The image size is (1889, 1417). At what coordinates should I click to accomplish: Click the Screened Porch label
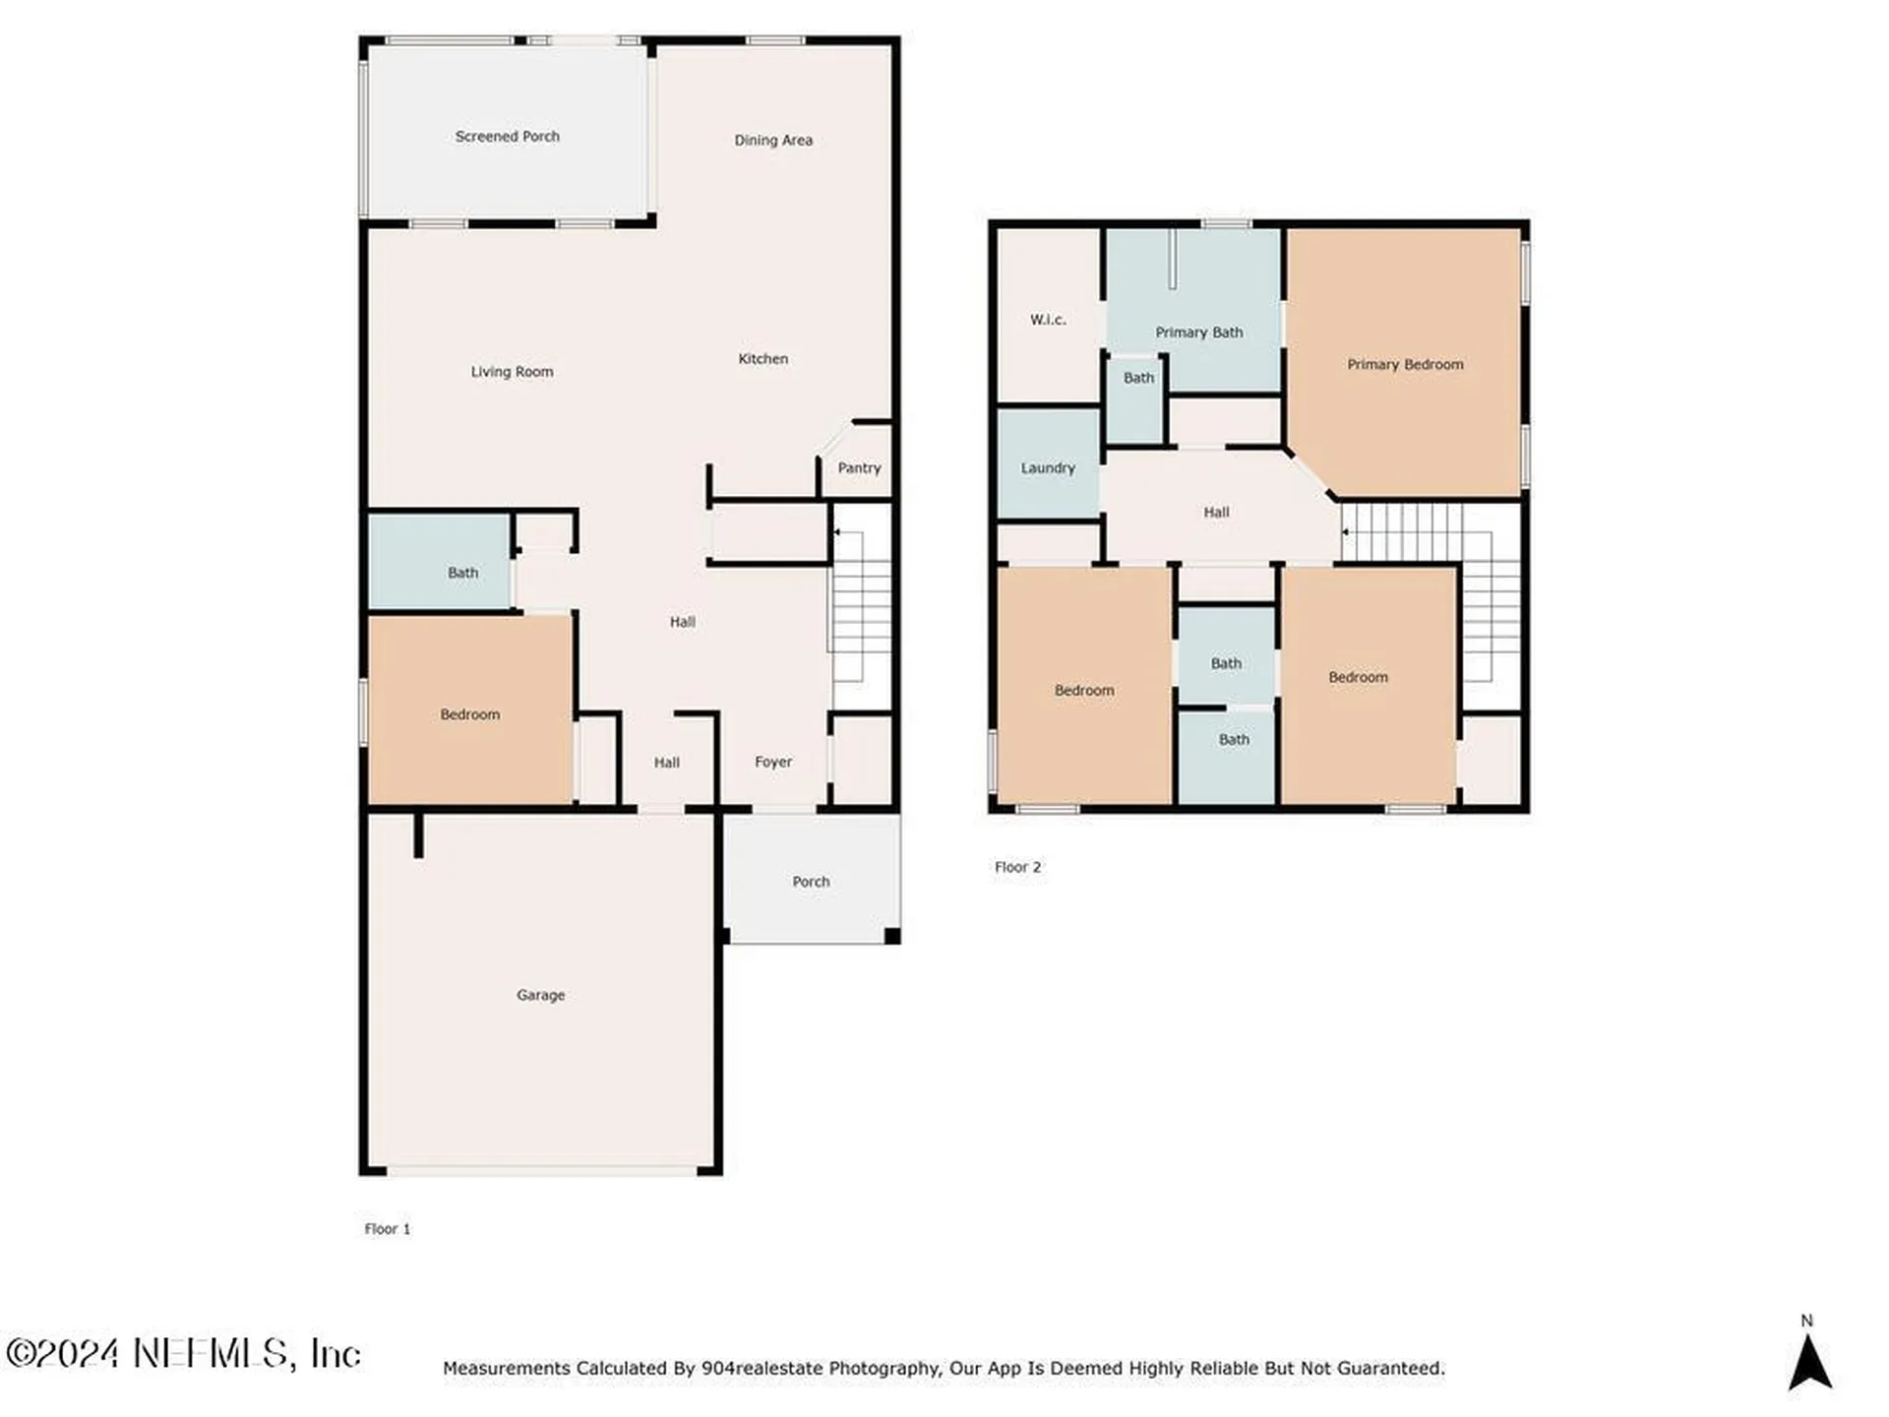[x=507, y=137]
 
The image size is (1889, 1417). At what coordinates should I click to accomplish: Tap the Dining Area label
[x=773, y=141]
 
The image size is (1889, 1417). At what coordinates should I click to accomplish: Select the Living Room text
[x=512, y=372]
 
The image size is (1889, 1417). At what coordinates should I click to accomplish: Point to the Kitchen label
[x=763, y=359]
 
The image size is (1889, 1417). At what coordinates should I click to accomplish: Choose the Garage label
[x=541, y=995]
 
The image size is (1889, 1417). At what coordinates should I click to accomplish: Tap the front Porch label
[x=811, y=882]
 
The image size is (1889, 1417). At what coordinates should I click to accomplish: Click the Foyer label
[x=773, y=762]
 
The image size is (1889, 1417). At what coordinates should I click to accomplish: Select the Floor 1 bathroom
[x=440, y=562]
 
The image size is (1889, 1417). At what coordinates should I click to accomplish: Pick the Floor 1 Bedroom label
[x=470, y=714]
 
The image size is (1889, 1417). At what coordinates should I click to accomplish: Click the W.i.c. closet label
[x=1048, y=320]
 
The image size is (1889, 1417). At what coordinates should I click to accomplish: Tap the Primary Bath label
[x=1199, y=333]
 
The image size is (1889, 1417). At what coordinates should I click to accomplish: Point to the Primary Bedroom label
[x=1405, y=365]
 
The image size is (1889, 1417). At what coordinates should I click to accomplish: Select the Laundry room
[x=1048, y=463]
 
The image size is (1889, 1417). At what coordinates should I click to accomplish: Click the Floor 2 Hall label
[x=1217, y=513]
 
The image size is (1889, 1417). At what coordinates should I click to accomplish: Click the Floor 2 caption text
[x=1017, y=867]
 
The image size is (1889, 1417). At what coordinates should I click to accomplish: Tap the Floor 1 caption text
[x=388, y=1229]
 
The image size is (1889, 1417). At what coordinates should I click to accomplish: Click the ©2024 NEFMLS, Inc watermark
[x=184, y=1353]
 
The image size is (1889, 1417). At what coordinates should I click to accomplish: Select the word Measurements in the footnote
[x=507, y=1368]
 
